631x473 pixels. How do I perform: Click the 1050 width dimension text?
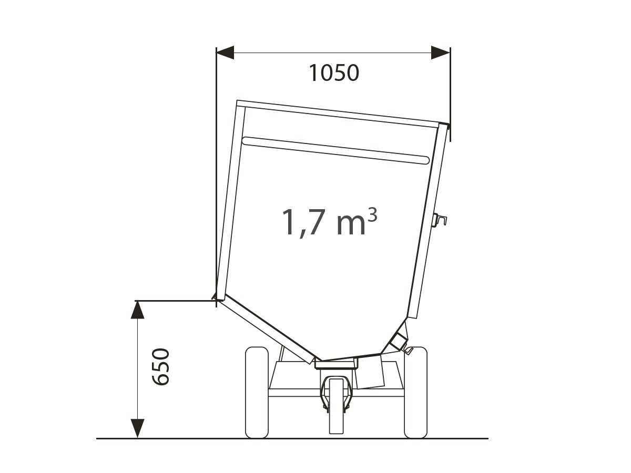click(x=334, y=73)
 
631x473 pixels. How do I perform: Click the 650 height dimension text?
click(x=160, y=367)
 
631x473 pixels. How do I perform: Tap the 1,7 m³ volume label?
click(x=330, y=221)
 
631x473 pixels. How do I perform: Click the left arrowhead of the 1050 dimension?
click(x=225, y=53)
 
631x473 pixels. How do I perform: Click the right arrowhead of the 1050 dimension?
click(x=441, y=53)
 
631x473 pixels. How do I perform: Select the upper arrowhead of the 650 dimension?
click(x=137, y=311)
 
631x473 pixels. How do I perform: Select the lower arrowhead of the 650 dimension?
click(x=137, y=428)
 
